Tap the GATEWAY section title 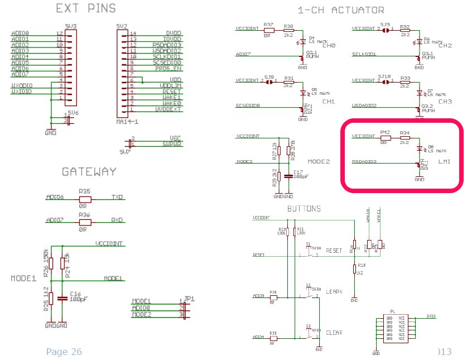tap(89, 172)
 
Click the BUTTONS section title tap(304, 209)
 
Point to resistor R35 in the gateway tap(84, 198)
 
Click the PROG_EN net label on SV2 tap(169, 68)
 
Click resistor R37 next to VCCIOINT tap(268, 28)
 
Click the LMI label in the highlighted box tap(445, 162)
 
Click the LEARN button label tap(334, 291)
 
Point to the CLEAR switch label tap(334, 333)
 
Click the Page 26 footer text tap(64, 352)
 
